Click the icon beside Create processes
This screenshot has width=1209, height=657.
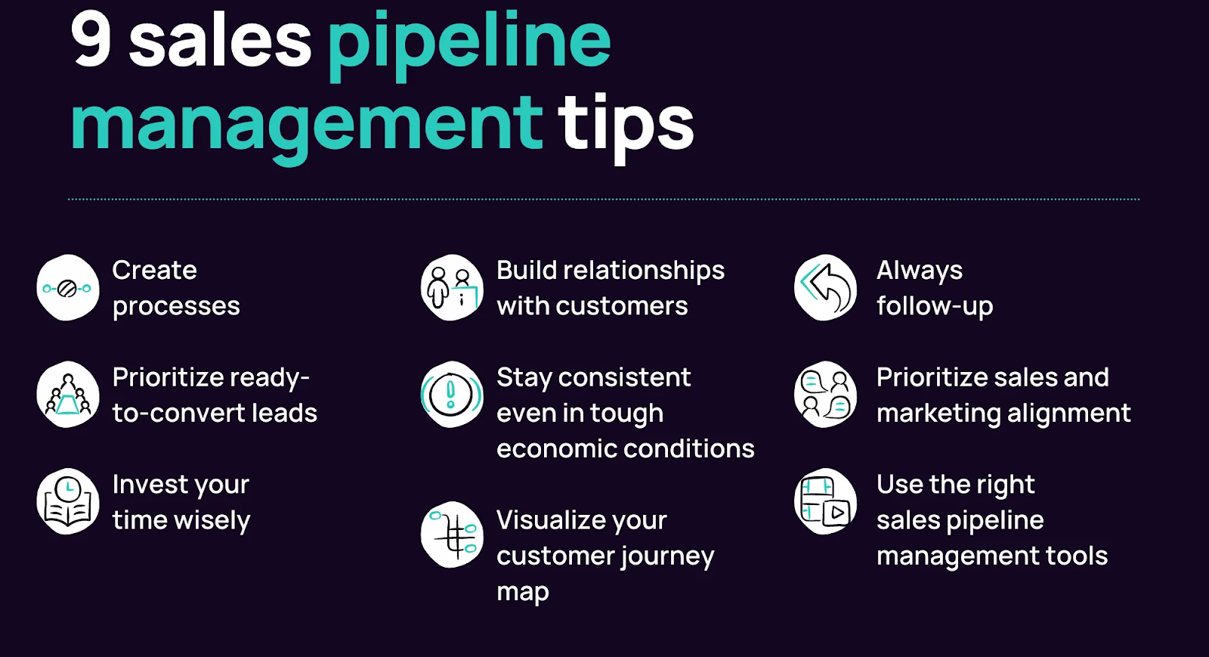tap(68, 288)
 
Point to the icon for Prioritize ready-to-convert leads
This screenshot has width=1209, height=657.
tap(68, 395)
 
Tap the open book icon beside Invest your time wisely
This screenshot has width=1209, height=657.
tap(68, 501)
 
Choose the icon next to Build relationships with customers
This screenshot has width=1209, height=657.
tap(452, 288)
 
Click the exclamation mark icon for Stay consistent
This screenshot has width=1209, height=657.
tap(452, 395)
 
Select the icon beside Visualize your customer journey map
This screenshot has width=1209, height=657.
tap(452, 535)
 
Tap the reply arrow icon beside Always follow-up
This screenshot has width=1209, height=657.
tap(826, 288)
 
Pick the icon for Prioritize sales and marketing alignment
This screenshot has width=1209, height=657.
tap(826, 395)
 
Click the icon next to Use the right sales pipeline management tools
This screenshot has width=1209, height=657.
tap(826, 501)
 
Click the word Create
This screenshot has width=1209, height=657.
tap(154, 270)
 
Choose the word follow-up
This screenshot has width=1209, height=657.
tap(935, 306)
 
